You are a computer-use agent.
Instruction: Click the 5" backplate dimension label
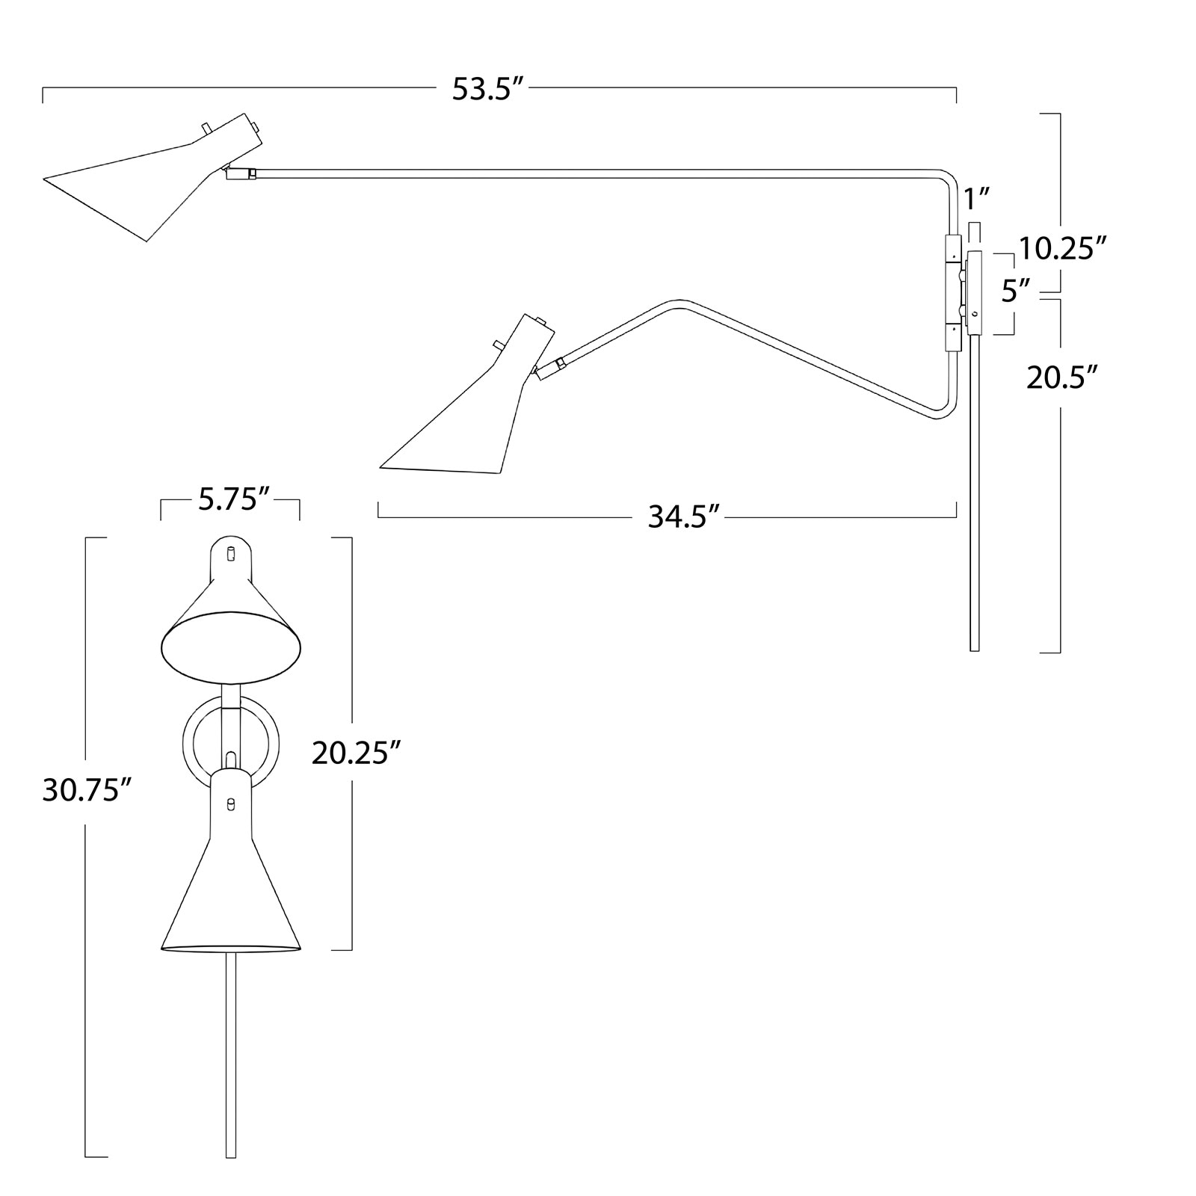coord(1017,291)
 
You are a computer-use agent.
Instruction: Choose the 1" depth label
coord(977,200)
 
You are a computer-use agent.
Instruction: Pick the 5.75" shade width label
coord(233,499)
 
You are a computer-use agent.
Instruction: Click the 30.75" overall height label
coord(87,790)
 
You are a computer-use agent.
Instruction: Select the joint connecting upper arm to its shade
coord(241,173)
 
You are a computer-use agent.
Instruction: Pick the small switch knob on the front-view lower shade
coord(230,804)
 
